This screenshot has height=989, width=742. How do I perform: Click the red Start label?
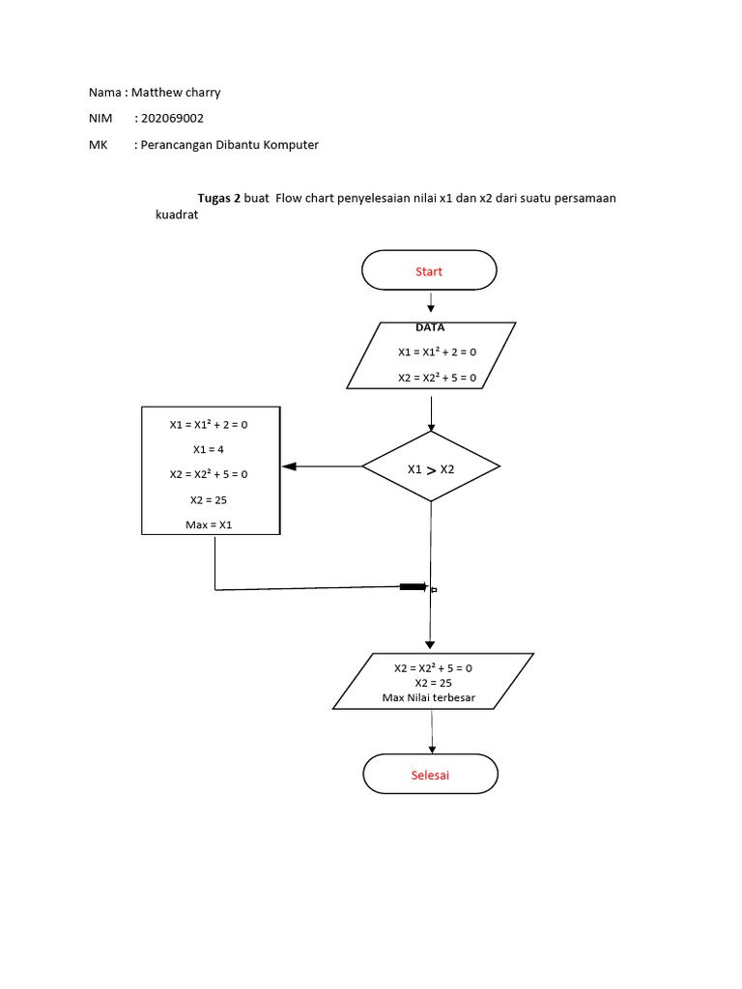point(429,271)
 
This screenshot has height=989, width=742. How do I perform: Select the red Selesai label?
point(430,776)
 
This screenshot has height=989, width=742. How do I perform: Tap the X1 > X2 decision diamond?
point(431,468)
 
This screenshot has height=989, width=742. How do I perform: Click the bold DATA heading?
point(430,327)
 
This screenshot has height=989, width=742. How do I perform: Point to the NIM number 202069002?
point(172,119)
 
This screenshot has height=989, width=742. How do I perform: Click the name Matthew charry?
point(183,93)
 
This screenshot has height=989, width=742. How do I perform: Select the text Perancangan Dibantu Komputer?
point(230,145)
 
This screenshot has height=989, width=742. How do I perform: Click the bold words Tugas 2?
point(218,198)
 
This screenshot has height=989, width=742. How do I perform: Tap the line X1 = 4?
point(210,449)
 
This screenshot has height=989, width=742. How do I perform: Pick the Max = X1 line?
point(210,525)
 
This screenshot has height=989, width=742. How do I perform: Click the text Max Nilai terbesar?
point(429,698)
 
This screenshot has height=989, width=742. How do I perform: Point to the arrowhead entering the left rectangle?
point(288,467)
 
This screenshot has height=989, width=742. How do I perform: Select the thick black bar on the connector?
point(414,586)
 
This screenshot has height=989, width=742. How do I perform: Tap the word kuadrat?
point(177,216)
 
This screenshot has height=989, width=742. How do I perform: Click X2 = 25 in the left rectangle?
point(210,500)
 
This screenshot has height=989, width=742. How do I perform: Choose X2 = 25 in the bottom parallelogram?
point(433,683)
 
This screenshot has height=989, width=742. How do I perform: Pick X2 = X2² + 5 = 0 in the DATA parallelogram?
point(437,378)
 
